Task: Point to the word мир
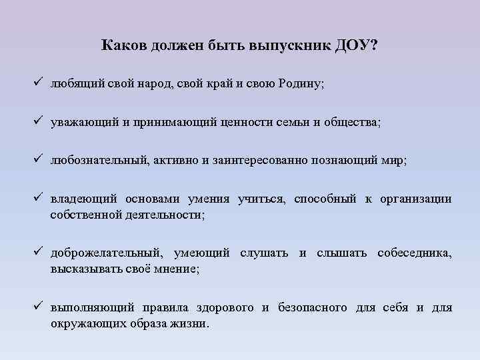(x=392, y=161)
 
